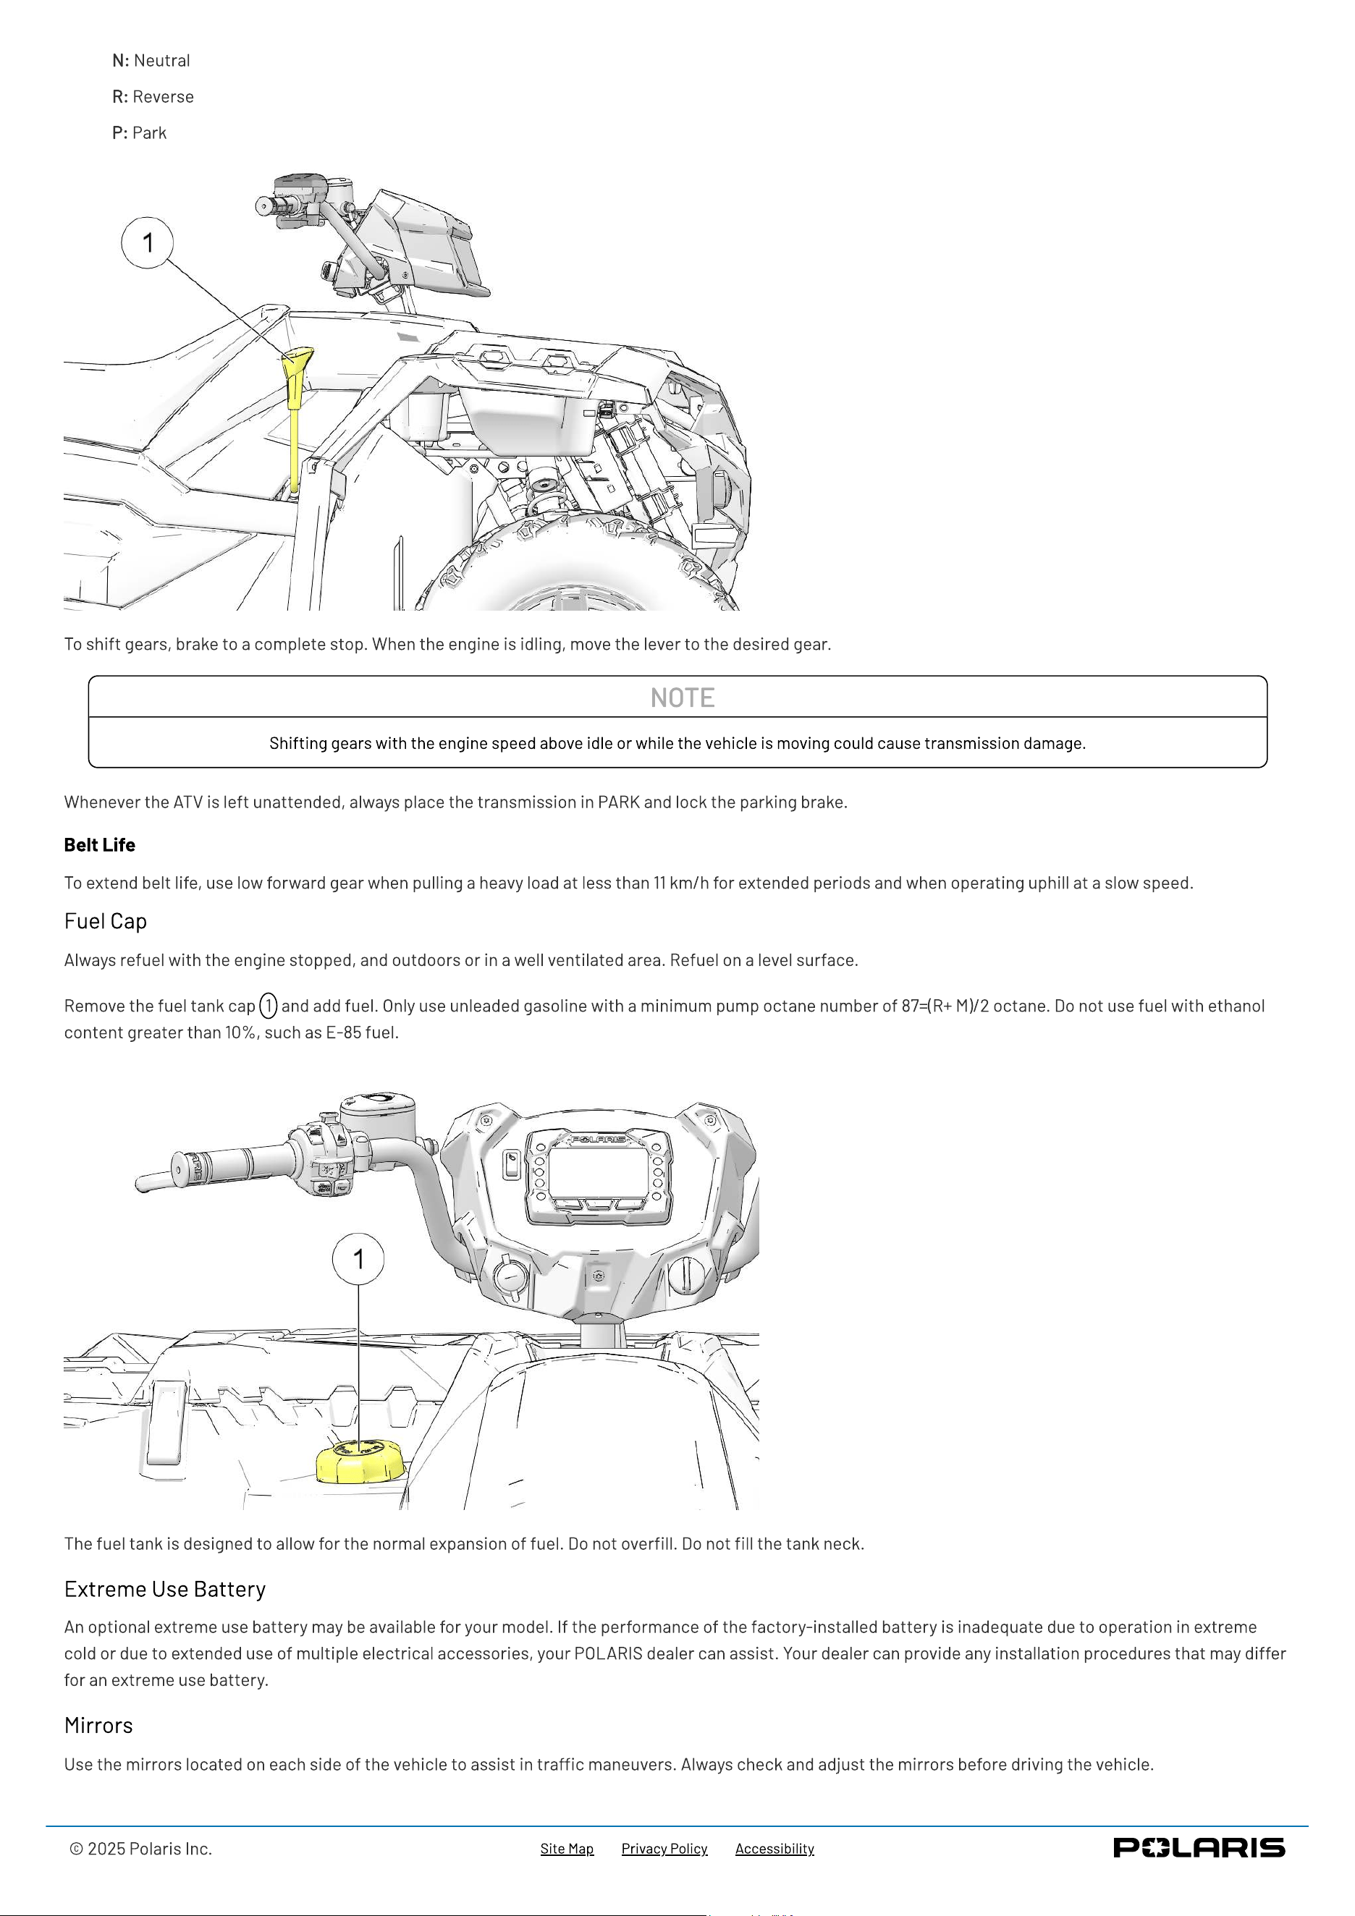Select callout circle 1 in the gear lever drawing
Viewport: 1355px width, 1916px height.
tap(148, 243)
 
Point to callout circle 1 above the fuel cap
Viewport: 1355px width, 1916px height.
tap(359, 1258)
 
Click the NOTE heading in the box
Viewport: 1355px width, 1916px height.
tap(682, 698)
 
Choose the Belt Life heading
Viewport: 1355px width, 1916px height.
tap(99, 844)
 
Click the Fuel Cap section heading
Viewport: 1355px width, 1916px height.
tap(105, 921)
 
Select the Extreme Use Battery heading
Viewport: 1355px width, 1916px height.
tap(165, 1590)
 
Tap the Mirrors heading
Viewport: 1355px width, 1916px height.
tap(98, 1726)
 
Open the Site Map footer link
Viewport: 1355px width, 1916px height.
tap(567, 1849)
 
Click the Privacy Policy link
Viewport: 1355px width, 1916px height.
tap(664, 1849)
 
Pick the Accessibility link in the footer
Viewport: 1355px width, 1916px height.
tap(774, 1849)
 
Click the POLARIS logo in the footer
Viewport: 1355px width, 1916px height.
tap(1199, 1847)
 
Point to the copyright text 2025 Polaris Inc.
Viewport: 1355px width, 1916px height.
tap(141, 1849)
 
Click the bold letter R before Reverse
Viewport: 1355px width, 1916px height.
tap(119, 97)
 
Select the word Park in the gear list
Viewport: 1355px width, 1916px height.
tap(149, 134)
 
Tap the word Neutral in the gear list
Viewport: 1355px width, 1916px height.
tap(162, 61)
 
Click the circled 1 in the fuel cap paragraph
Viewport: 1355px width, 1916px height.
tap(268, 1006)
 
